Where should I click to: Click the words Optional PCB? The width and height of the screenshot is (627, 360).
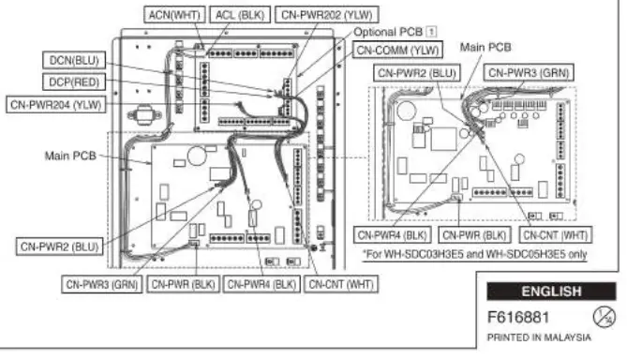coord(385,30)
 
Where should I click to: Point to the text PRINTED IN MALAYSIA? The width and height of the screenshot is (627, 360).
coord(539,336)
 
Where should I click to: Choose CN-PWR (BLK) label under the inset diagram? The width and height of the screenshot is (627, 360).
coord(473,234)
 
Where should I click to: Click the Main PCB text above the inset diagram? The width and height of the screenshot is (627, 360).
coord(485,45)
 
